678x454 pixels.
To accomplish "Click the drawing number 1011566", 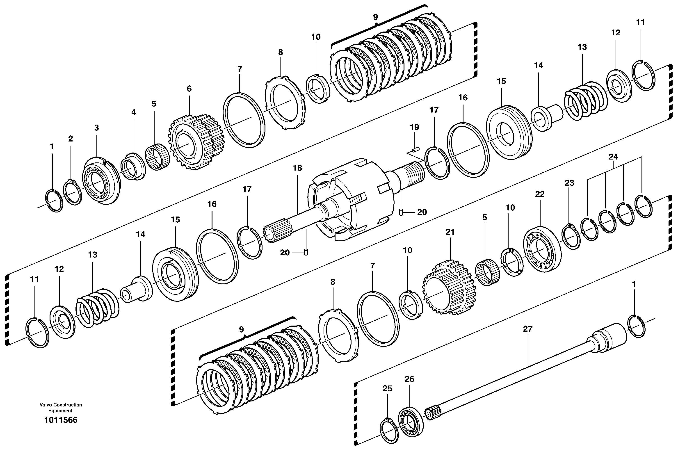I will coord(61,420).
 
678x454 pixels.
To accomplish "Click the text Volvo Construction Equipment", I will coord(61,408).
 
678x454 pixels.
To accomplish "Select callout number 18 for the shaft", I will coord(297,168).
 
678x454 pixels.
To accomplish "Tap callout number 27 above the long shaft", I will coord(528,329).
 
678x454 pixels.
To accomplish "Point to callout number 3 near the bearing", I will coord(96,128).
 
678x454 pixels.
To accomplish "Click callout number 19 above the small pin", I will coord(414,127).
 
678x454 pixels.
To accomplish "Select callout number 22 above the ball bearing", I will coord(540,194).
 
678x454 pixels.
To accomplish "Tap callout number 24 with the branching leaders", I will coord(613,157).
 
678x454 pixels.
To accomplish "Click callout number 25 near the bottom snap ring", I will coord(387,389).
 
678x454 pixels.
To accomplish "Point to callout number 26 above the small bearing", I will coord(409,379).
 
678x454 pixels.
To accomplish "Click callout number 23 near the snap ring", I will coord(569,183).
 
